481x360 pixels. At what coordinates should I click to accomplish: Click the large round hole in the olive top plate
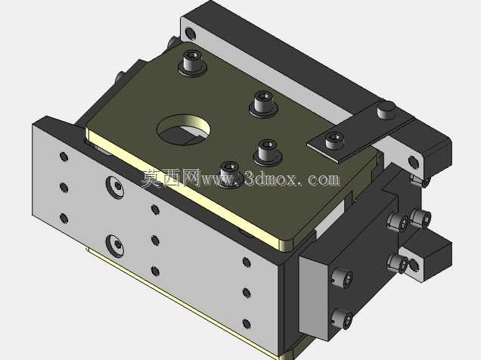[x=184, y=130]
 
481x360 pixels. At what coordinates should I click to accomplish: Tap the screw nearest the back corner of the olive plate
[x=193, y=63]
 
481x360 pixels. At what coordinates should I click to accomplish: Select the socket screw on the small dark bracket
[x=334, y=140]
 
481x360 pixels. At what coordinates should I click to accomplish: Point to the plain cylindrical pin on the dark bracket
[x=386, y=110]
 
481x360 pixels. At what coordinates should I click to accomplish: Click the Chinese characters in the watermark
[x=171, y=178]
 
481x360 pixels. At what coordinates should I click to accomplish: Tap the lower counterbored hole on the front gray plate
[x=115, y=245]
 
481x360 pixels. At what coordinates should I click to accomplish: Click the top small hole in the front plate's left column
[x=64, y=157]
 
